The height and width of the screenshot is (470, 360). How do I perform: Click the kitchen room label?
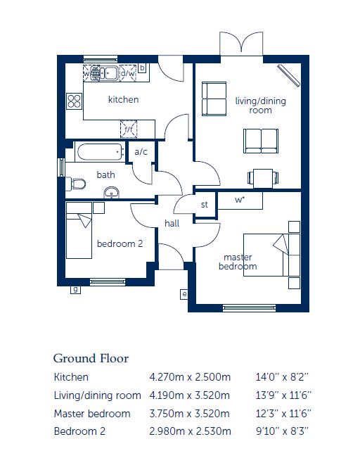(x=123, y=99)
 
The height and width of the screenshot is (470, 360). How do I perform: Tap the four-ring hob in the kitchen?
(x=75, y=101)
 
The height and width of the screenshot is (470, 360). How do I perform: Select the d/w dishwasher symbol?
(x=128, y=73)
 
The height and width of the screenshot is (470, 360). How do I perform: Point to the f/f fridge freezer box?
(x=129, y=129)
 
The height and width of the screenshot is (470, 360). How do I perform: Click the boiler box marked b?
(x=142, y=68)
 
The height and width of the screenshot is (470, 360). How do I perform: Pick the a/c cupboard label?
(x=141, y=152)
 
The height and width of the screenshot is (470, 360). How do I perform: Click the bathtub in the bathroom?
(x=100, y=152)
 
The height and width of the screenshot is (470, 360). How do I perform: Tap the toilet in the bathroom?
(x=75, y=184)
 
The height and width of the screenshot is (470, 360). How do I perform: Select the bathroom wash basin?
(x=111, y=193)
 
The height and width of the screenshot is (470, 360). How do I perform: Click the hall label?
(x=172, y=223)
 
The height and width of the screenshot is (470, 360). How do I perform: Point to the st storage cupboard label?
(x=205, y=205)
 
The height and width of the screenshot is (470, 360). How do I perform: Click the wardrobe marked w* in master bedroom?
(x=240, y=201)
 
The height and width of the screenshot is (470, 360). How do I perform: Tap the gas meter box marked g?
(x=75, y=290)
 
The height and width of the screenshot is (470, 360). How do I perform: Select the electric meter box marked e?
(x=184, y=294)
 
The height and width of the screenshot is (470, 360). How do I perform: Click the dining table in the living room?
(x=263, y=178)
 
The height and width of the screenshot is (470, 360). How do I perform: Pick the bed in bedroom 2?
(x=79, y=230)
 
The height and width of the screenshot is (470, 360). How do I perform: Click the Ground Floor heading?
(x=91, y=358)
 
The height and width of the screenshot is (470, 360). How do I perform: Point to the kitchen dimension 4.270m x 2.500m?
(x=190, y=377)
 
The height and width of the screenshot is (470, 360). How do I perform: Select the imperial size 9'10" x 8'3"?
(x=282, y=431)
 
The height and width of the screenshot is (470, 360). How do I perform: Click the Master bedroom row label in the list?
(x=92, y=414)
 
